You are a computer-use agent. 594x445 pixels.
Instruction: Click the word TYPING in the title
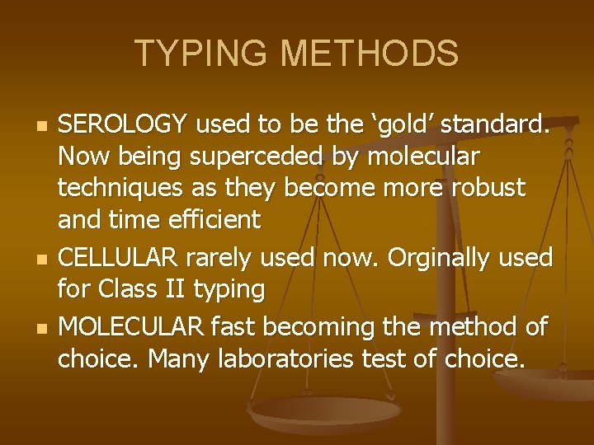(202, 54)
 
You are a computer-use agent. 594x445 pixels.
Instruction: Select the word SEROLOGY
(124, 124)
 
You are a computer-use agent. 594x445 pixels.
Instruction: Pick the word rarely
(219, 258)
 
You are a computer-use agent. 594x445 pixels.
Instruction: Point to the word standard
(503, 124)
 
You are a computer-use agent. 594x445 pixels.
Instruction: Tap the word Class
(126, 290)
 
